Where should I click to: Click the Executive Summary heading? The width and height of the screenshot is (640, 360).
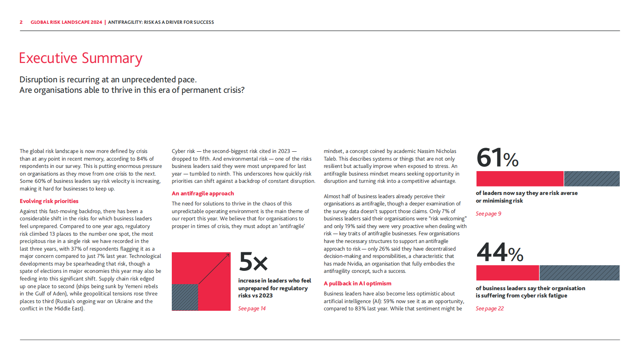pos(81,58)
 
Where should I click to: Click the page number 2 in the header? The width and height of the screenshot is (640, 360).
pos(21,22)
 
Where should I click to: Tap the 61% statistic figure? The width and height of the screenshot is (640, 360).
pos(497,157)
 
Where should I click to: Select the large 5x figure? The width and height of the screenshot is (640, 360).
pos(253,262)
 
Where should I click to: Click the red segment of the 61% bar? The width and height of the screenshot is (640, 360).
pos(520,178)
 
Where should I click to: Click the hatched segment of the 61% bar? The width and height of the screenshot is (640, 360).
pos(592,178)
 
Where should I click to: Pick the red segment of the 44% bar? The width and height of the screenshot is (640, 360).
pos(507,273)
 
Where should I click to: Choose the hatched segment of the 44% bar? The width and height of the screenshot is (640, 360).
pos(579,273)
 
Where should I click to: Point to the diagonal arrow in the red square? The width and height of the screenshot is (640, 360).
pos(214,269)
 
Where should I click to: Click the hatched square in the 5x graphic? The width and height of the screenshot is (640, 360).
pos(185,297)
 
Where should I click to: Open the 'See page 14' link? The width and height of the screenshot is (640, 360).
pos(252,309)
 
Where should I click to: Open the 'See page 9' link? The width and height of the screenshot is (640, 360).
pos(488,214)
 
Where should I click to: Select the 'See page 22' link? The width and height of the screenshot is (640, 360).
pos(490,309)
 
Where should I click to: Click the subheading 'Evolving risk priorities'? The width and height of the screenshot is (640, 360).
pos(49,201)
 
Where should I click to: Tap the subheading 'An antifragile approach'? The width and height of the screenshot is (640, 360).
pos(203,194)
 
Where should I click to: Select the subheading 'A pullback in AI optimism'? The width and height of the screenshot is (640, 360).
pos(357,284)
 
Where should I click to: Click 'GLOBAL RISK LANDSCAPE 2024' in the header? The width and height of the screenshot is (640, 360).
pos(67,22)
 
